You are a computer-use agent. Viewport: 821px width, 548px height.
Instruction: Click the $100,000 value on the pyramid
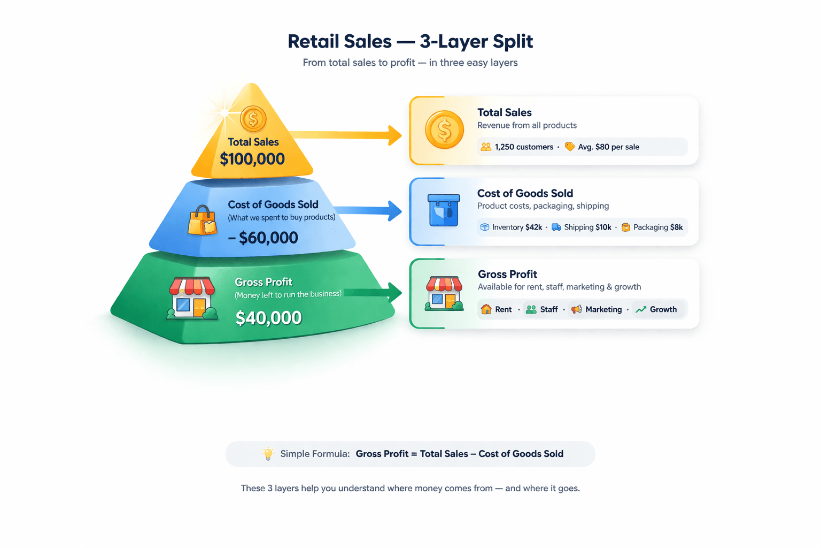coord(252,159)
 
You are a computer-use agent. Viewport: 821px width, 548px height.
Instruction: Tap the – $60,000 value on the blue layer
coord(263,238)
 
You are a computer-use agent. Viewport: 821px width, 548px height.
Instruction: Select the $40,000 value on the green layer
coord(268,318)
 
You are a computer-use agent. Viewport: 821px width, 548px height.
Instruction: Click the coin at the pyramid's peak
coord(253,119)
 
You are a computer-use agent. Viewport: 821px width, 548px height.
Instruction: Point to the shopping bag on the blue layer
coord(202,220)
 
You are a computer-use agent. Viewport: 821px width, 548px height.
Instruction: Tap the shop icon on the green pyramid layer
coord(192,298)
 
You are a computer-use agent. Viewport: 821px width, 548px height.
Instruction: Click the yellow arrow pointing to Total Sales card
coord(347,135)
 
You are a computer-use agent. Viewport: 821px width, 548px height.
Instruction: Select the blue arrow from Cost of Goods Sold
coord(369,210)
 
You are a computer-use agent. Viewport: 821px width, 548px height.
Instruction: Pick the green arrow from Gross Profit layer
coord(374,292)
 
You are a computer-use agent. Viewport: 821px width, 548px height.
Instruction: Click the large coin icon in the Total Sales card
coord(444,130)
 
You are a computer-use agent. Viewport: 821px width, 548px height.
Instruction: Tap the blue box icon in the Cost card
coord(444,210)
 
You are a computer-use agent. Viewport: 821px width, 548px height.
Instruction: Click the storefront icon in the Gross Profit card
coord(444,293)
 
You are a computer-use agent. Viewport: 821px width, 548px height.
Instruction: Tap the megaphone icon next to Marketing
coord(576,309)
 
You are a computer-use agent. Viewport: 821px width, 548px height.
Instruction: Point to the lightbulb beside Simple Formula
coord(268,454)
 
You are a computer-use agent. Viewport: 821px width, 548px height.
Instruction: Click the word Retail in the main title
coord(313,41)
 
